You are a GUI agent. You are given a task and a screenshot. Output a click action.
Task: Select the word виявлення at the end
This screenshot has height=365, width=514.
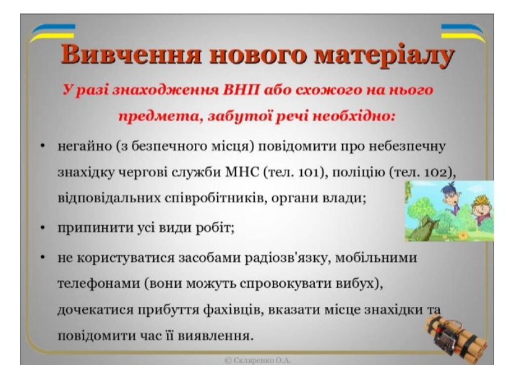220,337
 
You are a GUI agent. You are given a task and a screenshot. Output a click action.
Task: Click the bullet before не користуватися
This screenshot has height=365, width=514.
41,257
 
